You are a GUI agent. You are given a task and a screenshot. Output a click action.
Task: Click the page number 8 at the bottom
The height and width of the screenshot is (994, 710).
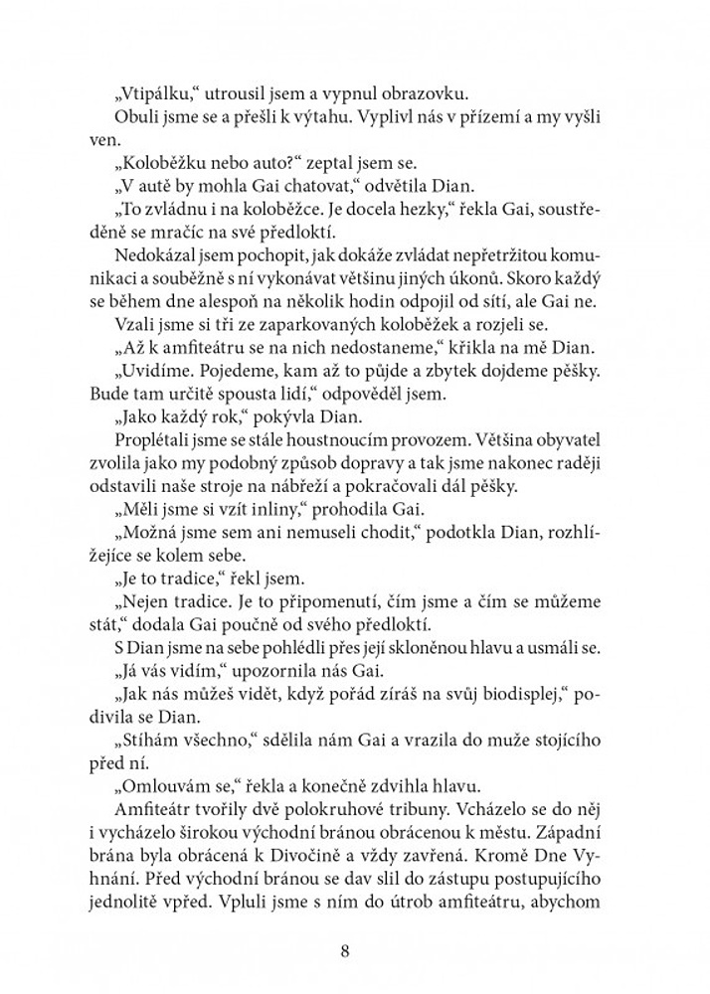(344, 950)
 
